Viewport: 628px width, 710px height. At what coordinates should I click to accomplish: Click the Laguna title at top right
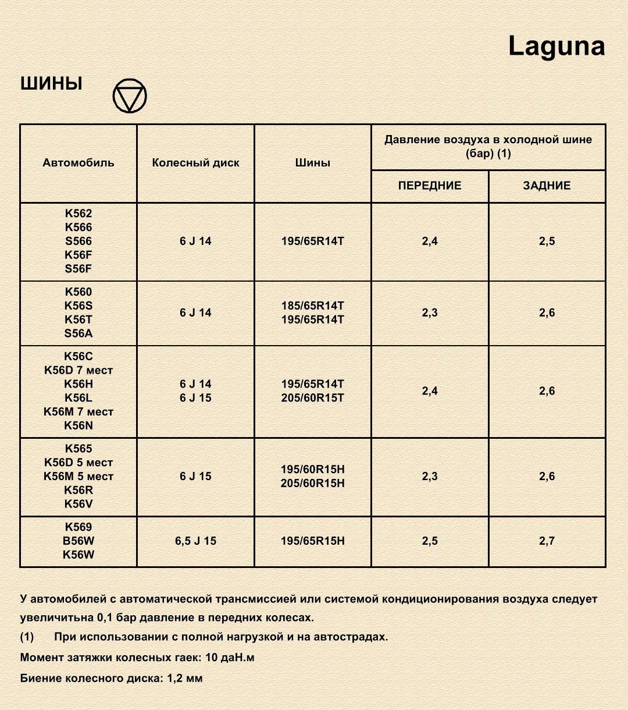coord(556,47)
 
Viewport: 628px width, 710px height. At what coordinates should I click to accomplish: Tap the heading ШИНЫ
coord(51,84)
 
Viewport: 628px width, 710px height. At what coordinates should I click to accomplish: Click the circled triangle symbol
coord(130,96)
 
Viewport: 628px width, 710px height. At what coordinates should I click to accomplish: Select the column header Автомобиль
coord(78,163)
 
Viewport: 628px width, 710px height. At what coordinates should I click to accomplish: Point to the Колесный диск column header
coord(195,163)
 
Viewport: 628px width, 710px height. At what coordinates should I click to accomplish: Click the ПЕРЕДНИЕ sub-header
coord(430,186)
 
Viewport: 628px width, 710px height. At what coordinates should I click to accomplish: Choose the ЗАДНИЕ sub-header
coord(547,186)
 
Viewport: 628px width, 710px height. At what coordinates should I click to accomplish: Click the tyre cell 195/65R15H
coord(313,541)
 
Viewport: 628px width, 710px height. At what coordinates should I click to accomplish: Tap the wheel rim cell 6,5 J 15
coord(195,541)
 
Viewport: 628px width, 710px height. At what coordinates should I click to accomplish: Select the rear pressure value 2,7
coord(547,541)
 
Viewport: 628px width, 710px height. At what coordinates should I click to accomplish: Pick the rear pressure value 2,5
coord(547,242)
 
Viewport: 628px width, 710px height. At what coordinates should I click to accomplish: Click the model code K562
coord(78,214)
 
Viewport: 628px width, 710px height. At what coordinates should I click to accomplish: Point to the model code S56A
coord(78,333)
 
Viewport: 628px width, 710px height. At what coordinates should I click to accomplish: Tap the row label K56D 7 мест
coord(78,370)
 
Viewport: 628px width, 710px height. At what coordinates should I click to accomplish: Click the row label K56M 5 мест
coord(78,477)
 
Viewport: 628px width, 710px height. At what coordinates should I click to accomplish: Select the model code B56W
coord(78,541)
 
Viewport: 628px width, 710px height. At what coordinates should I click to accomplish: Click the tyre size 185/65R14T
coord(313,306)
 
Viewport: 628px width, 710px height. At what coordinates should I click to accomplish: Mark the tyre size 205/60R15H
coord(313,484)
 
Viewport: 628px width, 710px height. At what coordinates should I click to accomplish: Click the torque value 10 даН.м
coord(230,658)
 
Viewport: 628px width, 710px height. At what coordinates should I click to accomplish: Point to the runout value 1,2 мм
coord(185,679)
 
